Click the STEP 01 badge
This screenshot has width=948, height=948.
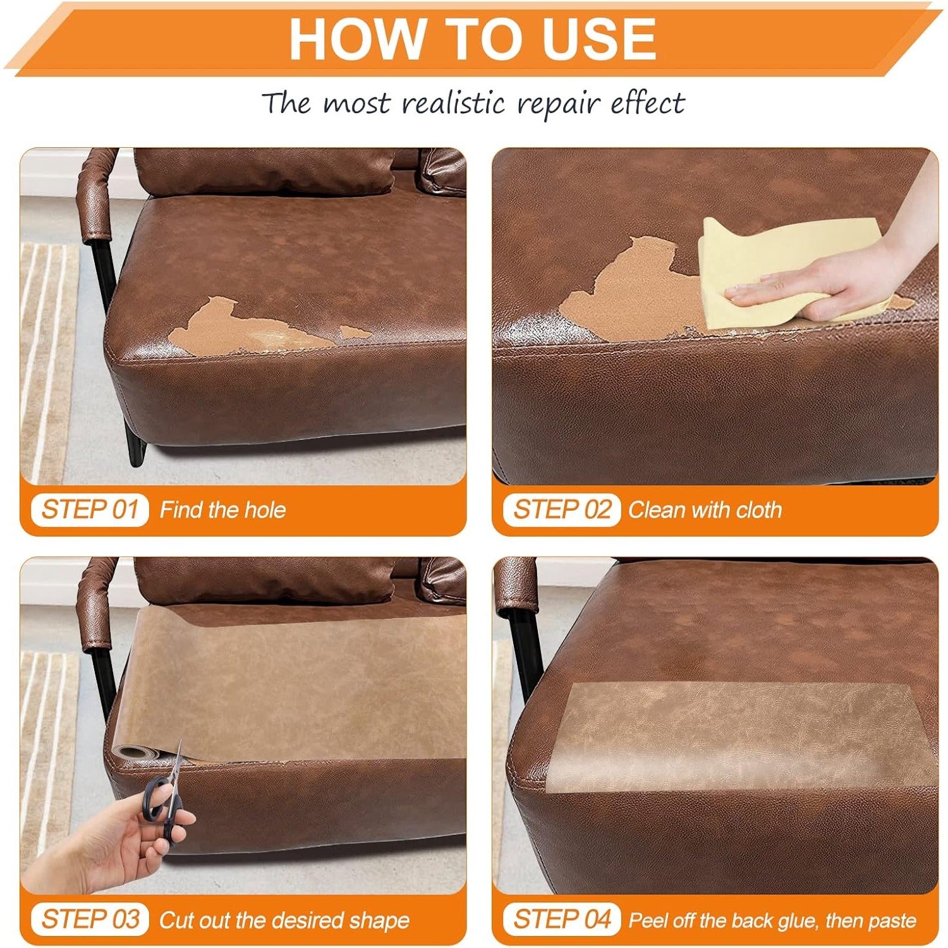click(x=90, y=509)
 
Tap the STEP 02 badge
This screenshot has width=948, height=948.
click(x=561, y=509)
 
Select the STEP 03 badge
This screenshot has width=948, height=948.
click(x=90, y=919)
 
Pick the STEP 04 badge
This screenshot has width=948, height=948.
click(x=561, y=919)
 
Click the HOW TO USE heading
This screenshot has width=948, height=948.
click(x=473, y=39)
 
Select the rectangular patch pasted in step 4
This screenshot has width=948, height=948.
click(x=739, y=736)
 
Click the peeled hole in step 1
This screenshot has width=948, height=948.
click(x=253, y=329)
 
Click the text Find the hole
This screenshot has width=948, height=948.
click(x=222, y=510)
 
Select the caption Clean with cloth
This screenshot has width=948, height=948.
click(x=705, y=510)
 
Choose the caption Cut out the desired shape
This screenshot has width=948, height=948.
click(x=284, y=920)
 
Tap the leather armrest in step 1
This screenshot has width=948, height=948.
click(x=96, y=193)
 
